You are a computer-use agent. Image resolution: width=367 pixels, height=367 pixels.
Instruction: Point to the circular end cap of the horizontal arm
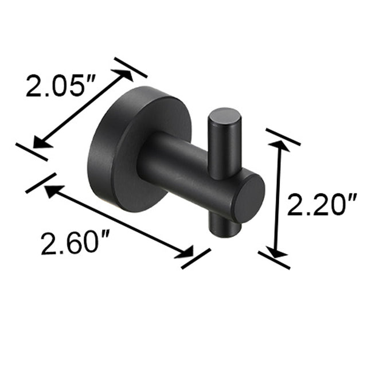[247, 198]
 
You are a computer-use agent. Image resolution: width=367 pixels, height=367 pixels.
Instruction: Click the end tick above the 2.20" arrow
[283, 136]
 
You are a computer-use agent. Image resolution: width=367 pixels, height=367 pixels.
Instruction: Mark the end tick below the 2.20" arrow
[274, 260]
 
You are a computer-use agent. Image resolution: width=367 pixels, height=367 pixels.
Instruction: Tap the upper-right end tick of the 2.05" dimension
[131, 67]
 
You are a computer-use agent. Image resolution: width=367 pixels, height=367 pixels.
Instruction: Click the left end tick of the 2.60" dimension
[40, 183]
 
